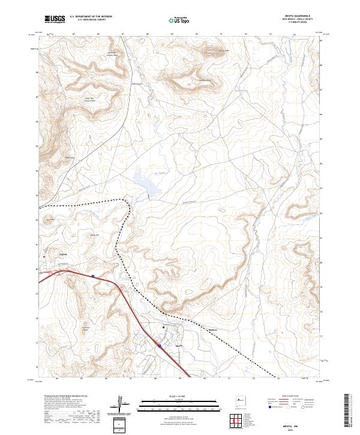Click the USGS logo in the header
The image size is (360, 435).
[x=55, y=19]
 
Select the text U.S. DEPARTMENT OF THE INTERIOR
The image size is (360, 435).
[x=91, y=17]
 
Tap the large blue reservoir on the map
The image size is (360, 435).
[x=144, y=181]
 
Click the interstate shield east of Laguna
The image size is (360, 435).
[x=94, y=275]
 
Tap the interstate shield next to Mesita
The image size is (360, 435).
[x=160, y=345]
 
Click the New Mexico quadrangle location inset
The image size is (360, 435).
[x=242, y=400]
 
